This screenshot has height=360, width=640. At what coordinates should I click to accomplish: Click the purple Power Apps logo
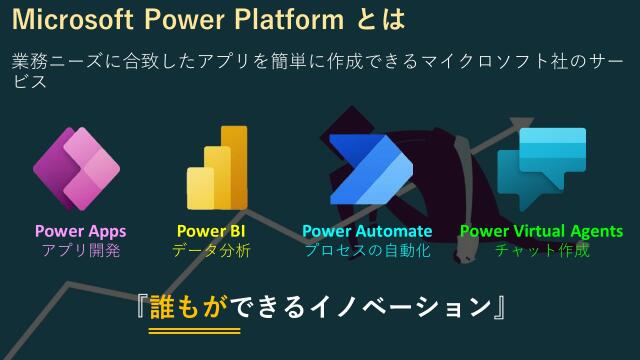[x=77, y=169]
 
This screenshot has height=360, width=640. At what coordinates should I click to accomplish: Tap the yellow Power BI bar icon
[x=216, y=168]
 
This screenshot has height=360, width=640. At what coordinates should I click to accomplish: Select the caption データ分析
[x=211, y=250]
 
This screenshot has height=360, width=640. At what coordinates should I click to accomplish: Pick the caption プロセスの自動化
[x=367, y=250]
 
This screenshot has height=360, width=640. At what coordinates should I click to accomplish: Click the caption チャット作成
[x=541, y=250]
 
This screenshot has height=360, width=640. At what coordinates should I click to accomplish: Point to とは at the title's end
[x=379, y=19]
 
